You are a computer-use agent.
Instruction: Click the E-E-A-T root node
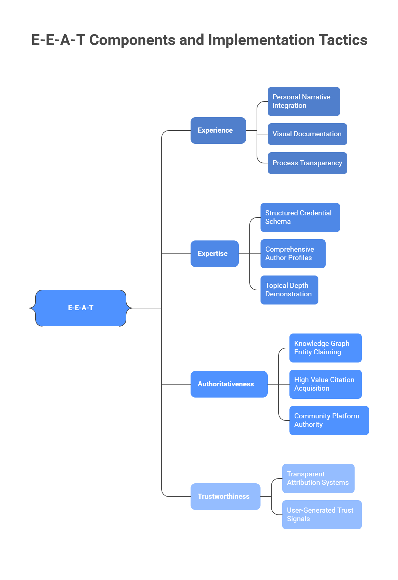pos(81,308)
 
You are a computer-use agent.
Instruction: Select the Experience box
pos(218,130)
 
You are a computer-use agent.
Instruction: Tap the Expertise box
pos(214,253)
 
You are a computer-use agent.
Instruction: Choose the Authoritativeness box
pos(229,384)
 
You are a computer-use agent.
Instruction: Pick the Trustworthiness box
pos(225,496)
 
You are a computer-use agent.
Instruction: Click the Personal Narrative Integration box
pos(304,101)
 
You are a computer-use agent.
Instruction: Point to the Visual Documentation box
pos(307,134)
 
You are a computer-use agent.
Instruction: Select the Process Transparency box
pos(307,163)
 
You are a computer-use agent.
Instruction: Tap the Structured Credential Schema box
pos(300,217)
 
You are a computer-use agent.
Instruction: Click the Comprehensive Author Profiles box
pos(293,253)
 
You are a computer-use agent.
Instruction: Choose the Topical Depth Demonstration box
pos(289,290)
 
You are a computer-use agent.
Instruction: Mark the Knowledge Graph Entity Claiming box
pos(325,348)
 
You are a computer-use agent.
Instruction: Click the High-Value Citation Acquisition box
pos(325,384)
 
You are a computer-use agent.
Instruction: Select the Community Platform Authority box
pos(329,420)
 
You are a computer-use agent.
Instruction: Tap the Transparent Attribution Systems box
pos(318,478)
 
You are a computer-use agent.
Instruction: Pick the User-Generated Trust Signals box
pos(322,514)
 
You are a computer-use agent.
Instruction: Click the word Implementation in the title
pos(261,40)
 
